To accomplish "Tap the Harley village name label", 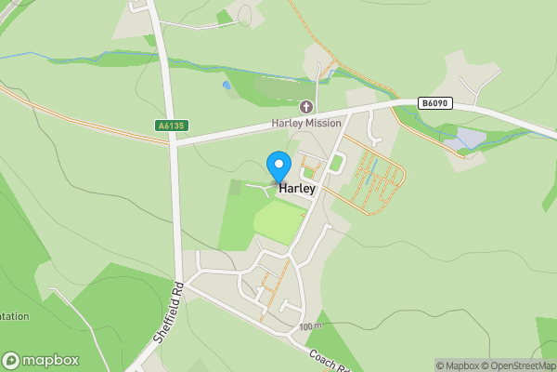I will pos(297,189).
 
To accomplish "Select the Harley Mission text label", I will pos(306,124).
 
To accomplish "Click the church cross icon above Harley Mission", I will pos(306,108).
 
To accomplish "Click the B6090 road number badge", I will pos(434,103).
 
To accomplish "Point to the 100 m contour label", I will pos(310,327).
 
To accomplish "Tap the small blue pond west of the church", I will pos(226,85).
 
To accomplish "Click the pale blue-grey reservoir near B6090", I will pos(467,139).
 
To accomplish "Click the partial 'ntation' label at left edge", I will pos(15,316).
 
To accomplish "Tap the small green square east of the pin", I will pos(336,165).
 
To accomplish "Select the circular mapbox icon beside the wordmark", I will pos(12,360).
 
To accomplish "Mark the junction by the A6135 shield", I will pos(174,142).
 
